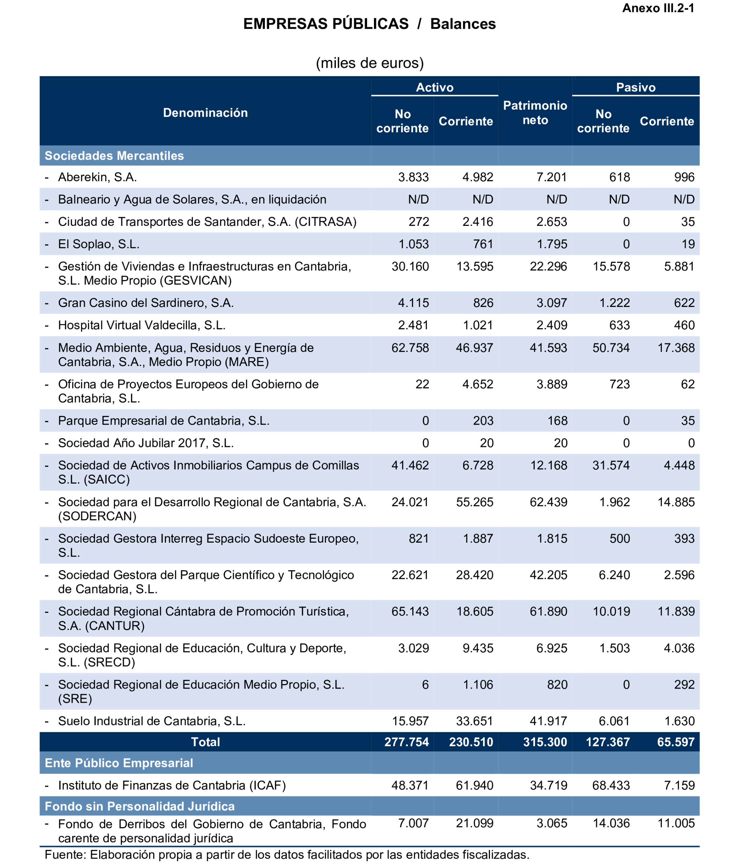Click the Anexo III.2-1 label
[658, 8]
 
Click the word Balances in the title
[463, 24]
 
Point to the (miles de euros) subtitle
[370, 63]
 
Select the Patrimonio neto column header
[535, 113]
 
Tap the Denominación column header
[205, 113]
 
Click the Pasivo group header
[635, 87]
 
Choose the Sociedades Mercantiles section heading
[114, 156]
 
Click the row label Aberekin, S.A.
[98, 177]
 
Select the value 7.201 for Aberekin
[551, 177]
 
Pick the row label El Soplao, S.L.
[99, 244]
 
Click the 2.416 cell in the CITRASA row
[478, 222]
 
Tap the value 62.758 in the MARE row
[410, 348]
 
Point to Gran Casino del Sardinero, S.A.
[146, 303]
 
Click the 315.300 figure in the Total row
[545, 742]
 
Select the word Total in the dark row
[205, 742]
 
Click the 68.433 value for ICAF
[611, 785]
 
